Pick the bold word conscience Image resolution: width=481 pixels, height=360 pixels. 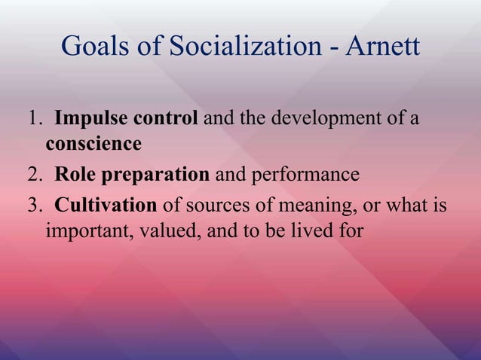pyautogui.click(x=93, y=143)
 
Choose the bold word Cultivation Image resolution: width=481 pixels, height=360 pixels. pyautogui.click(x=106, y=204)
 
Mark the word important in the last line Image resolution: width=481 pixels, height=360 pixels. pyautogui.click(x=84, y=227)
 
